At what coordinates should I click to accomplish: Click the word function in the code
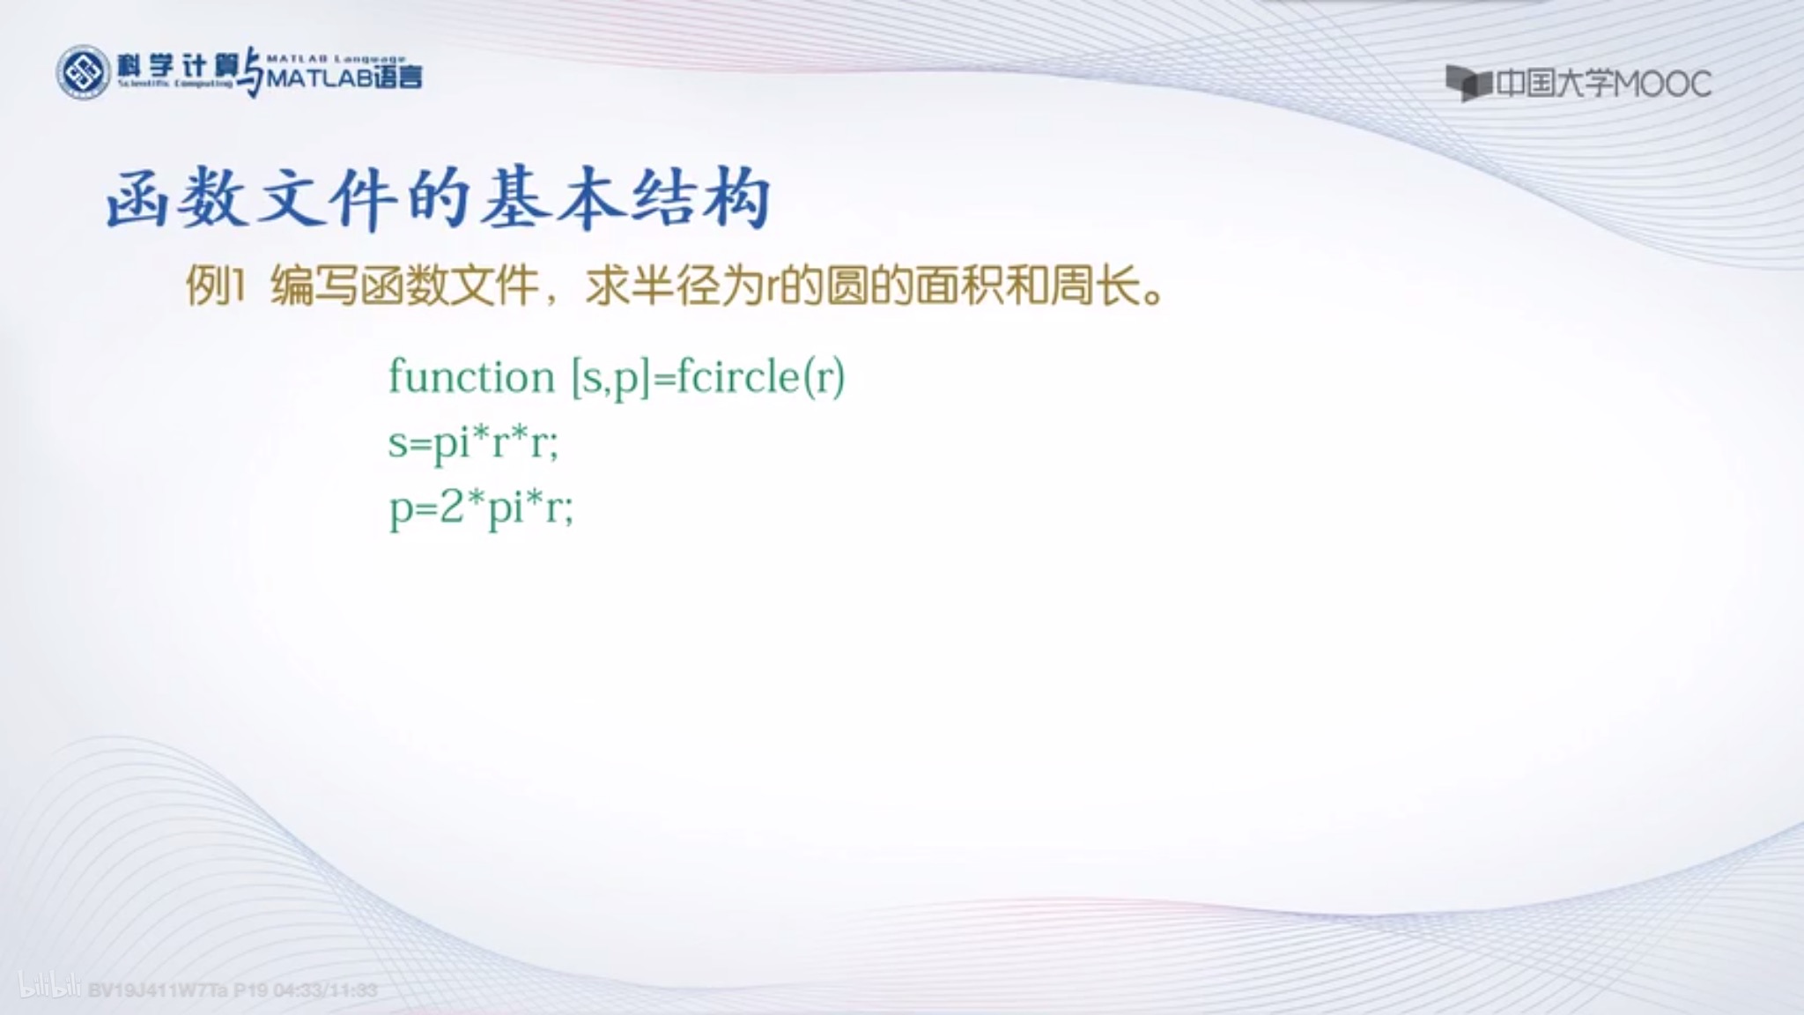tap(471, 378)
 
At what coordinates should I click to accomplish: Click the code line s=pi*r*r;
tap(473, 442)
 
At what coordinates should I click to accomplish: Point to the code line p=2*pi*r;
tap(481, 508)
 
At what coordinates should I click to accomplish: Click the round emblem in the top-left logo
tap(83, 72)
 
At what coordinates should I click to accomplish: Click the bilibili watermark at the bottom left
tap(49, 989)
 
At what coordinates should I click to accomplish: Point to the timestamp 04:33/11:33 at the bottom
tap(325, 990)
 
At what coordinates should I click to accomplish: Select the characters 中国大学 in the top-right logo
tap(1555, 85)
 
